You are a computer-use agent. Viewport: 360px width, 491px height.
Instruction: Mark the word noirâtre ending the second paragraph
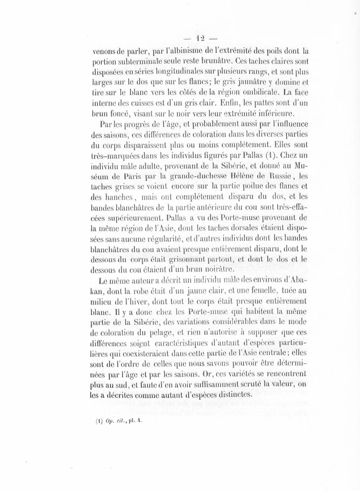click(x=216, y=270)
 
